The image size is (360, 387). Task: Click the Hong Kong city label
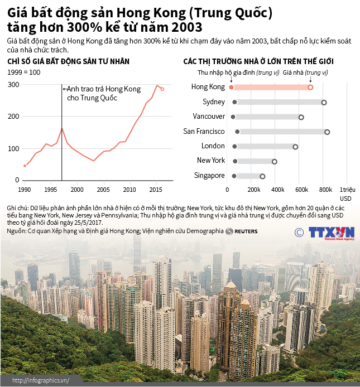pos(208,87)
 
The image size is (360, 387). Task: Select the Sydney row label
pos(213,102)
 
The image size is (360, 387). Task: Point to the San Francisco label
pos(204,132)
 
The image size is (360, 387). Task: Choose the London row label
pos(213,146)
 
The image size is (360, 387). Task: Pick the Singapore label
pos(210,175)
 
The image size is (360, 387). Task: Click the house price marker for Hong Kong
pos(310,87)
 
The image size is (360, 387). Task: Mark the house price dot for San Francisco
pos(327,132)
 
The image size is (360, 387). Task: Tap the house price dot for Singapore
pos(262,176)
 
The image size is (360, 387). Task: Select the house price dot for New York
pos(275,161)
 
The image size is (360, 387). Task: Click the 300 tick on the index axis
pos(13,85)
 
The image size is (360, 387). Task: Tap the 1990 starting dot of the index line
pos(25,166)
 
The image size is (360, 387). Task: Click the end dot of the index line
pos(162,89)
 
